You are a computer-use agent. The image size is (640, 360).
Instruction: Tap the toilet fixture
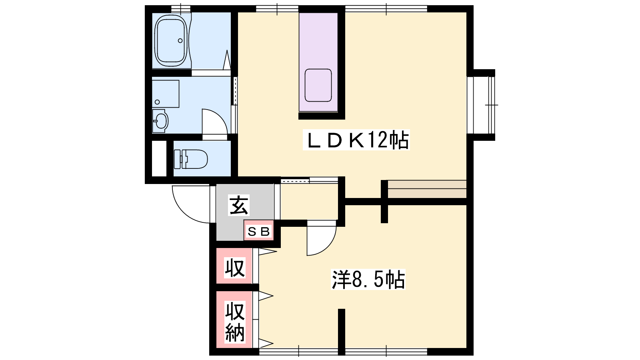point(190,159)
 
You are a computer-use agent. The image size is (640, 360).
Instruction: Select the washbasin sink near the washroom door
point(160,121)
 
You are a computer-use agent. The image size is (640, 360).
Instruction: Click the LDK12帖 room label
point(356,140)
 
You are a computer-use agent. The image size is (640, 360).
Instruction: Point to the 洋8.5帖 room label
point(368,279)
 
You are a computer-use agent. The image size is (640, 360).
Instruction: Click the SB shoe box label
point(258,232)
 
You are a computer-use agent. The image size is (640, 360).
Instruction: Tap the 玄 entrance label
point(239,205)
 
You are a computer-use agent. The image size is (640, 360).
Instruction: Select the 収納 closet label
point(235,322)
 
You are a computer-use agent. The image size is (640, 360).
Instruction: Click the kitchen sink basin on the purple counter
point(318,85)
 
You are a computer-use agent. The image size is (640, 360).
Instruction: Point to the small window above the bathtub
point(180,8)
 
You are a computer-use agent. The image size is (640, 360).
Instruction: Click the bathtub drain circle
point(180,40)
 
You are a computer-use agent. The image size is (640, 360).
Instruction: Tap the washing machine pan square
point(166,94)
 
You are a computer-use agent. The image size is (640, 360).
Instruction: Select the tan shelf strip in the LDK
point(427,189)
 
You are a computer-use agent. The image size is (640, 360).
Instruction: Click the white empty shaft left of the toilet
point(159,158)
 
